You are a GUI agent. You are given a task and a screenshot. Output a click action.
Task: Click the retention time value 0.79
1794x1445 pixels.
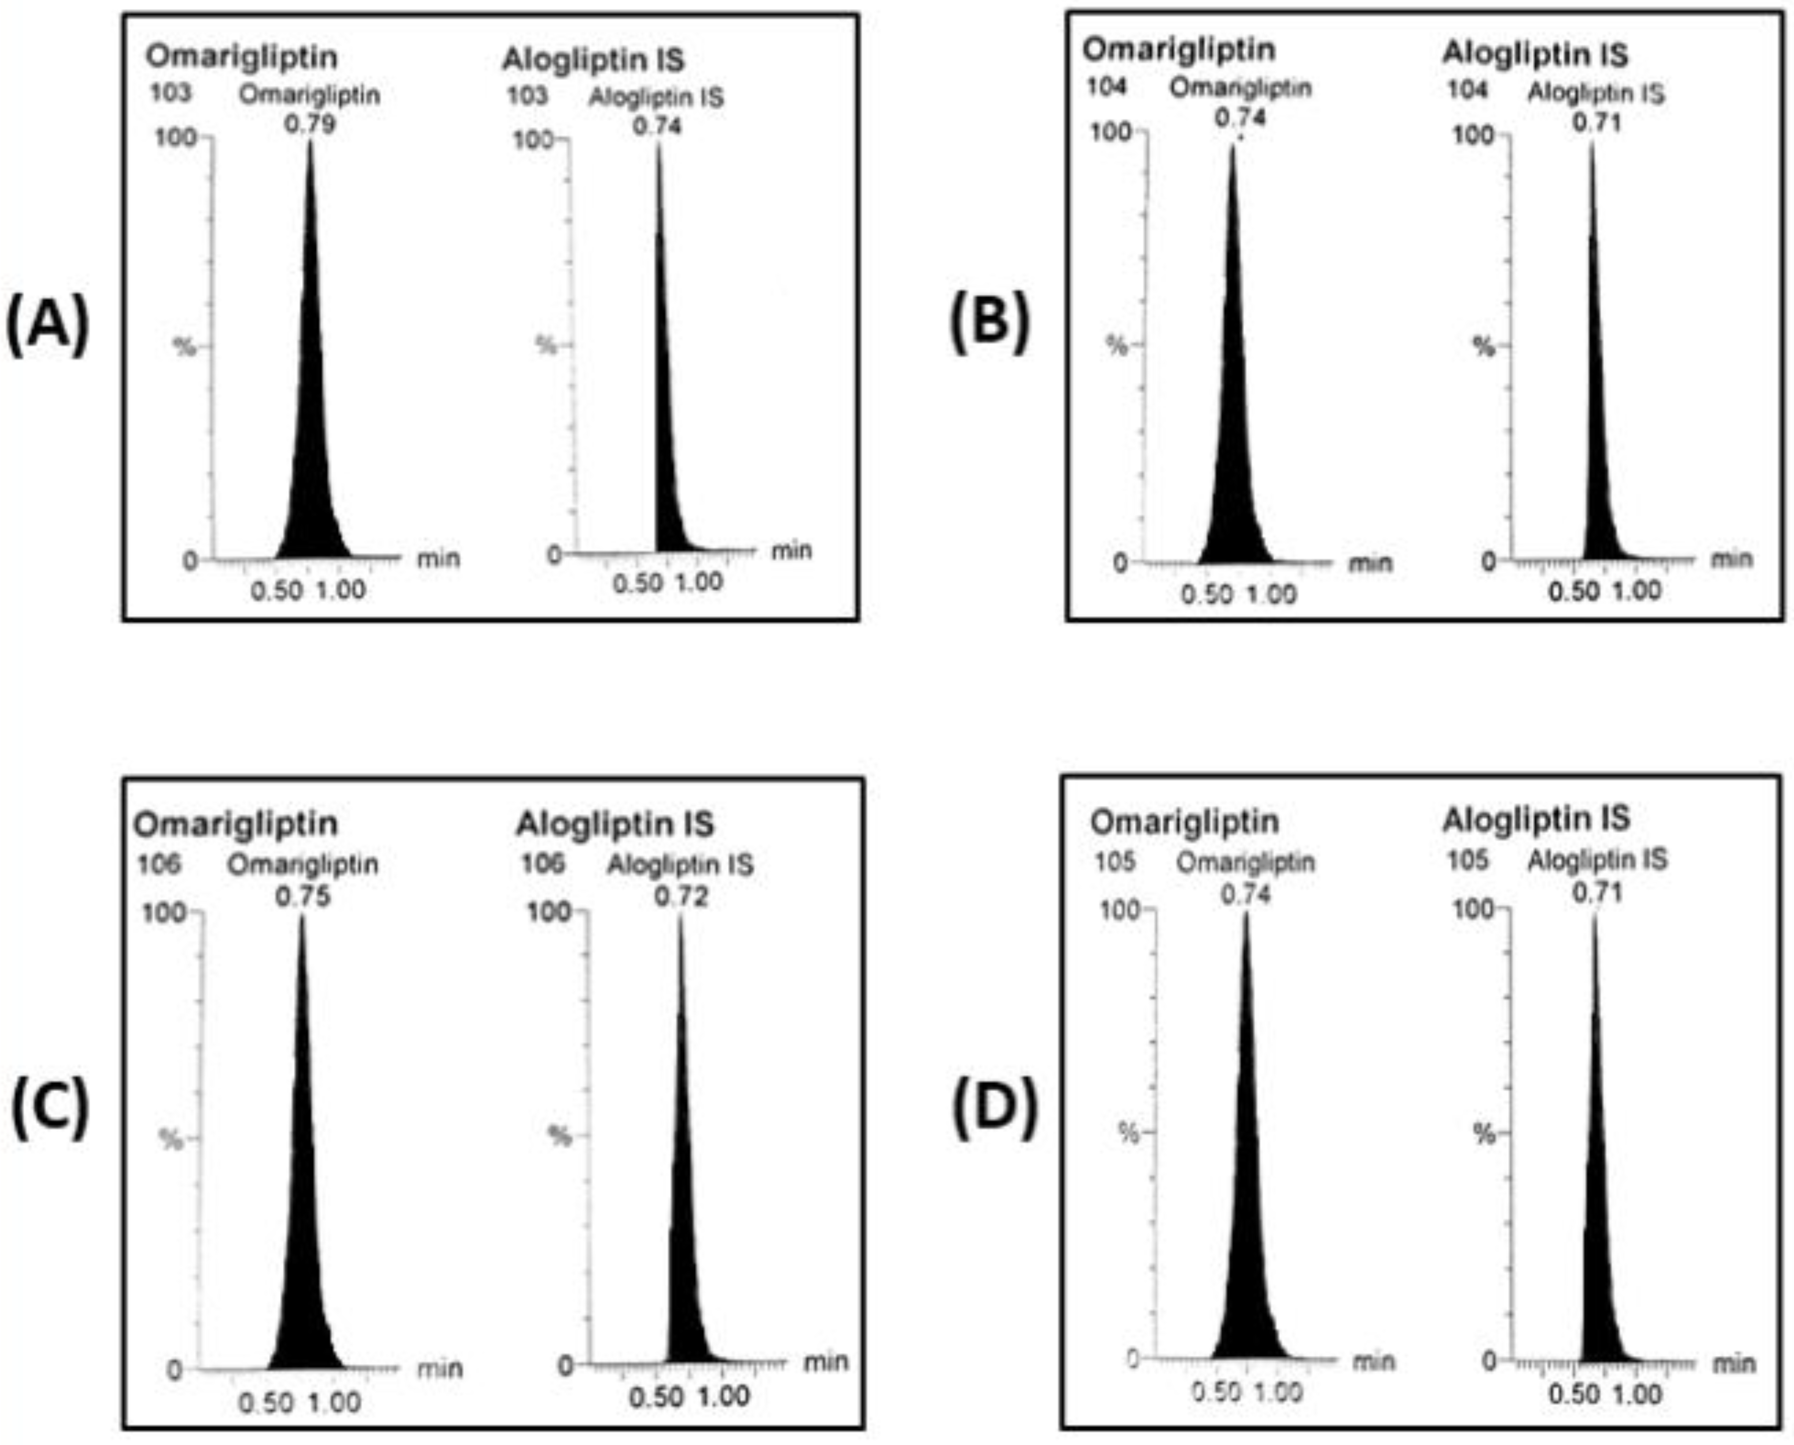click(310, 124)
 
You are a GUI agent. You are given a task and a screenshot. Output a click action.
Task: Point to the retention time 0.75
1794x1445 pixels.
click(302, 895)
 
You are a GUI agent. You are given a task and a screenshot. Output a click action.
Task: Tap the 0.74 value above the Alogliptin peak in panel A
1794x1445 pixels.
click(657, 126)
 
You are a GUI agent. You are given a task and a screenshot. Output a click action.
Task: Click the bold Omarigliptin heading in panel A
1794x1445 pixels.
click(242, 57)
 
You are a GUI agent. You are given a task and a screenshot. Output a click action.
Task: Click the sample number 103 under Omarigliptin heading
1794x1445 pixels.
click(170, 93)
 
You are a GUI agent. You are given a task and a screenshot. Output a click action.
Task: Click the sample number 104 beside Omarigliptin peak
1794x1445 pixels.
click(1107, 87)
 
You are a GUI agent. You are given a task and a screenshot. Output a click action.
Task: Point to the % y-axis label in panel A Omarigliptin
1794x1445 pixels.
click(184, 346)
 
